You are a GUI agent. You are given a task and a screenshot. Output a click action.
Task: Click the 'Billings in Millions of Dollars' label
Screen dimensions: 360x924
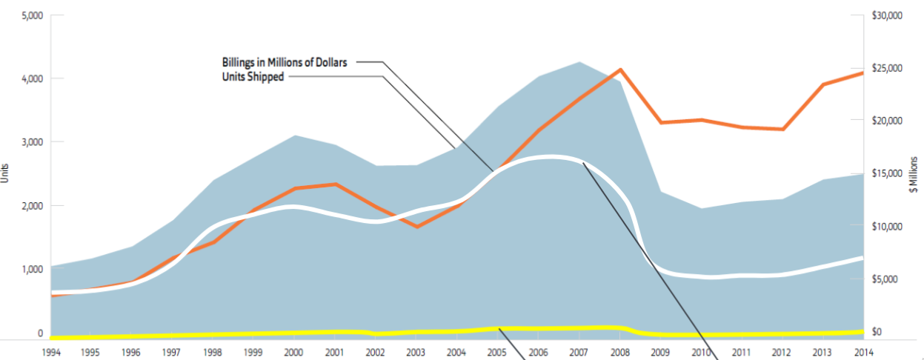[x=285, y=62]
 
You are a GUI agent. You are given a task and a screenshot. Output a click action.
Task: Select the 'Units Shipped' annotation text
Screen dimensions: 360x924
[x=253, y=76]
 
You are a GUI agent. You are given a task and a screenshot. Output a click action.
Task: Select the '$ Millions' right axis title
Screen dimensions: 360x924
[x=915, y=175]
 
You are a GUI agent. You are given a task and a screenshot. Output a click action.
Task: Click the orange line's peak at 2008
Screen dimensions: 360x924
[x=621, y=70]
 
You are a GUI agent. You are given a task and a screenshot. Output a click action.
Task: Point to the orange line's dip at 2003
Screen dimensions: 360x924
[x=418, y=226]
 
